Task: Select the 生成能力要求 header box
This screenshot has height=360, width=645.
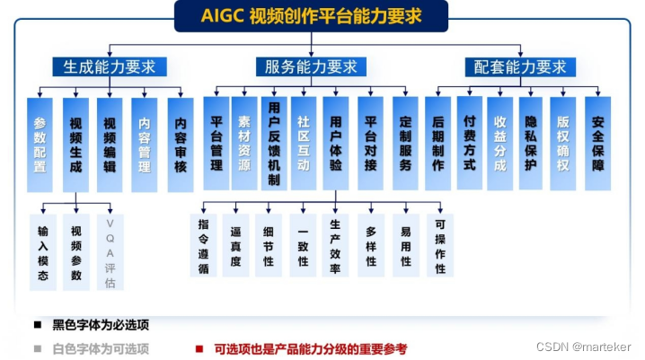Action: click(x=109, y=67)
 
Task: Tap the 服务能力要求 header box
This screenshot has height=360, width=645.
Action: click(x=311, y=67)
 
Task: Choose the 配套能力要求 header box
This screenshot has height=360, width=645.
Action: click(x=520, y=67)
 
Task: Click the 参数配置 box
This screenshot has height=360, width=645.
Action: click(x=40, y=144)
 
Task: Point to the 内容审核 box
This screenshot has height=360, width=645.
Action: click(x=181, y=144)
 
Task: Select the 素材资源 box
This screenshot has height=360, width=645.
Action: click(x=244, y=144)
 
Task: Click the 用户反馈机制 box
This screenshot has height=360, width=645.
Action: click(x=274, y=144)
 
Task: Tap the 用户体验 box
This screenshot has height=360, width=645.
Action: click(x=336, y=144)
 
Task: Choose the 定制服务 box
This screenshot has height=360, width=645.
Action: click(x=405, y=144)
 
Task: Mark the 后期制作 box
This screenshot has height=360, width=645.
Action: click(x=438, y=144)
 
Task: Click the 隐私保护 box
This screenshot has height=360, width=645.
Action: click(x=531, y=144)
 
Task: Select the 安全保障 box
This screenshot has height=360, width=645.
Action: click(x=597, y=144)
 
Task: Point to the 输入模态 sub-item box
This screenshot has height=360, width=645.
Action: click(x=43, y=252)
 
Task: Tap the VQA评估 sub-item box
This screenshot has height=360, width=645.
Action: click(x=110, y=252)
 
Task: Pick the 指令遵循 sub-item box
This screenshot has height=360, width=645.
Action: click(x=204, y=245)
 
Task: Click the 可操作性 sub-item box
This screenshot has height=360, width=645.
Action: click(x=440, y=245)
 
